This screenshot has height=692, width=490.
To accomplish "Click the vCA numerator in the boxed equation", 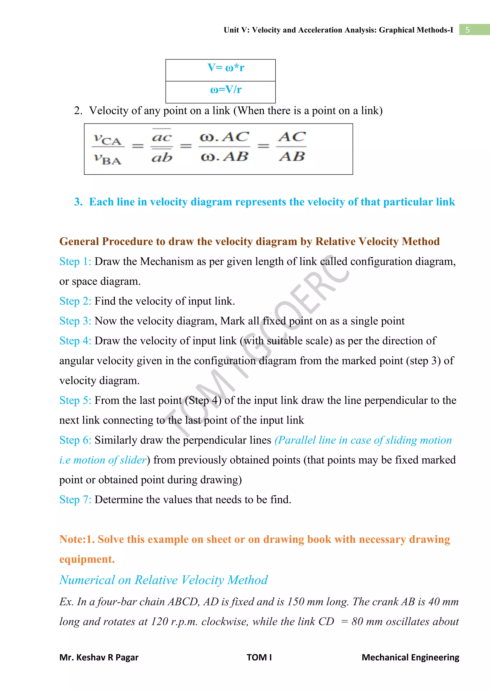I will (x=107, y=139).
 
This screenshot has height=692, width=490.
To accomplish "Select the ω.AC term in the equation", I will (x=224, y=137).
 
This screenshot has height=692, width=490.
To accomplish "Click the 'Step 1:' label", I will (x=75, y=261).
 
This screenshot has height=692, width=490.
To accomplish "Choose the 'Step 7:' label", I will (x=75, y=499).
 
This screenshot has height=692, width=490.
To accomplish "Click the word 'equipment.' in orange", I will (x=87, y=559).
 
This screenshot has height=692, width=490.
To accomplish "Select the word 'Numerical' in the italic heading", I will (x=87, y=580).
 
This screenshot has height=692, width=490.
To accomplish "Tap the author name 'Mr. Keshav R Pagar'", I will (x=99, y=657).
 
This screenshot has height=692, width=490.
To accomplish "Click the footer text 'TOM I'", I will (x=259, y=657).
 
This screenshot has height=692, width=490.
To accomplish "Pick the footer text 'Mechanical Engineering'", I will (x=410, y=657).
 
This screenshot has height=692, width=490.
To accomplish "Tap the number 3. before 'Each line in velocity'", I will (x=78, y=202).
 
